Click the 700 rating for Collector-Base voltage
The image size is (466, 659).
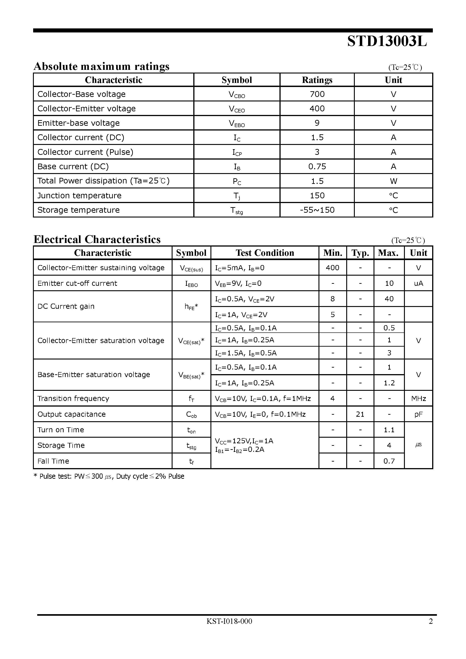[317, 94]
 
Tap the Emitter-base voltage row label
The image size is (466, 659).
[78, 123]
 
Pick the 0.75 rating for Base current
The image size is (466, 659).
[317, 167]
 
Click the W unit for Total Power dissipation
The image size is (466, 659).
[393, 181]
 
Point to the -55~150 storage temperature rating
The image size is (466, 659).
[317, 210]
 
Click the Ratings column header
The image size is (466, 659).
[317, 80]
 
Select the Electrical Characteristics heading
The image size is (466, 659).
[97, 239]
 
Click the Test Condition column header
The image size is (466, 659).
[265, 253]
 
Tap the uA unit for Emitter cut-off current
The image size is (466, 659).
[418, 284]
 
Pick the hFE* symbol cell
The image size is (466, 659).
[191, 307]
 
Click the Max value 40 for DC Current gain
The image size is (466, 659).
[389, 299]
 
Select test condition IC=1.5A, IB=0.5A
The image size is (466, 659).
[246, 353]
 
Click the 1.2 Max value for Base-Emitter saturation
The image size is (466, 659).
[389, 383]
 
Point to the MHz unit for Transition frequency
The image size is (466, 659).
[418, 399]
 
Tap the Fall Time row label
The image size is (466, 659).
[53, 461]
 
